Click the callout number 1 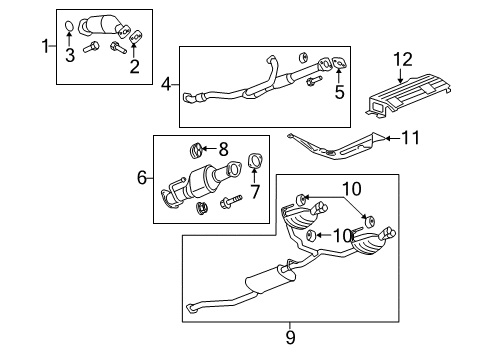tap(44, 45)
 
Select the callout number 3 tap(69, 56)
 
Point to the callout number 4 tap(167, 85)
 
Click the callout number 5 tap(339, 94)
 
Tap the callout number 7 tap(253, 190)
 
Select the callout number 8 tap(223, 150)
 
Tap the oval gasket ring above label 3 tap(69, 26)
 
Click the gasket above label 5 tap(338, 68)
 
